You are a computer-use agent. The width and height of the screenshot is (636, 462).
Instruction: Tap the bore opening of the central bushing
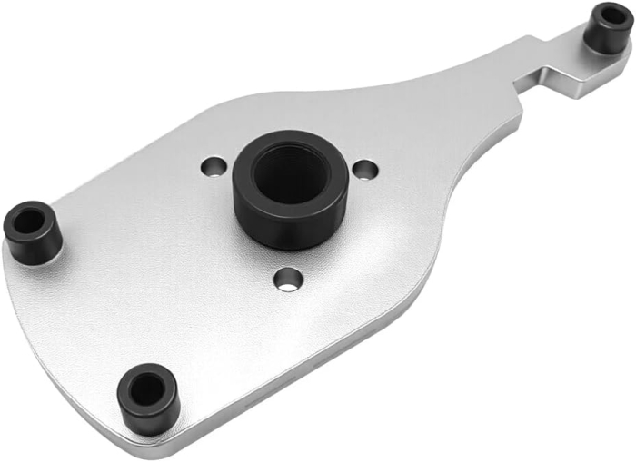289,172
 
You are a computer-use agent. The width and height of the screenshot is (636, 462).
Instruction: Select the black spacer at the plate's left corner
33,232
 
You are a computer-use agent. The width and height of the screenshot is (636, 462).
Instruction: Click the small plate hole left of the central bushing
214,167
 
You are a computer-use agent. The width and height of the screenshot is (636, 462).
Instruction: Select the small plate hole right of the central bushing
364,169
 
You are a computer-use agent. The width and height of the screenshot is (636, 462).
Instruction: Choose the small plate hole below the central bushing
288,280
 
